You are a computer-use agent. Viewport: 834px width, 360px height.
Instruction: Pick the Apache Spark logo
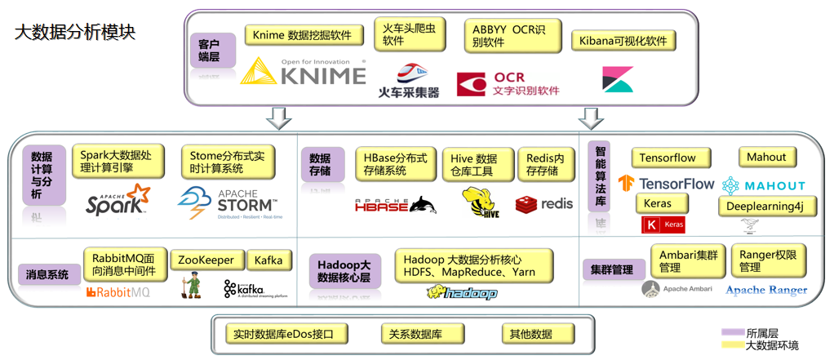click(118, 200)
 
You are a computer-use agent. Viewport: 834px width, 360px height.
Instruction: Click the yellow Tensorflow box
click(671, 158)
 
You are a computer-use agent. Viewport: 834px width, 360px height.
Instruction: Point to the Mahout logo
click(763, 185)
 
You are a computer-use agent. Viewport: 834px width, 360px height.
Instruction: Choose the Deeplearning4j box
click(766, 206)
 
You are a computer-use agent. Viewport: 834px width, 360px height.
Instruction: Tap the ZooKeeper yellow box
click(206, 260)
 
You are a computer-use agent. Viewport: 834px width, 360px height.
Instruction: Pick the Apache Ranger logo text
click(766, 290)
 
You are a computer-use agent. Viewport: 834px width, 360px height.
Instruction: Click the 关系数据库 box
click(422, 333)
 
